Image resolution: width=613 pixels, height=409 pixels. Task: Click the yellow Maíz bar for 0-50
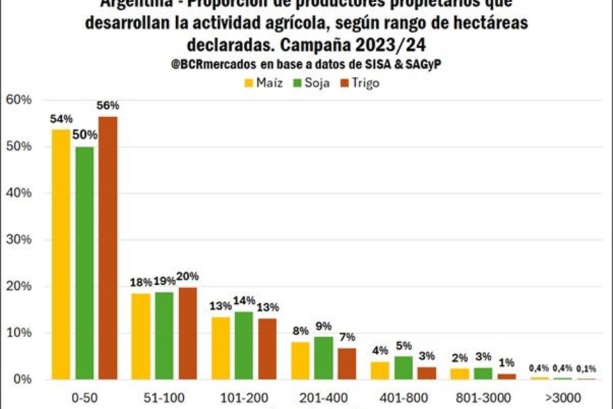[61, 254]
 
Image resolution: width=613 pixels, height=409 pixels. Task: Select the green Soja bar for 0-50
[85, 262]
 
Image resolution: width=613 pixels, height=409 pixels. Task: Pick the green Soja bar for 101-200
[244, 345]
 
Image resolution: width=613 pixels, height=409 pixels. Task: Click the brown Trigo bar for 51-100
[187, 333]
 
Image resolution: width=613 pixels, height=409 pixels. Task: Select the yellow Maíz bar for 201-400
[301, 360]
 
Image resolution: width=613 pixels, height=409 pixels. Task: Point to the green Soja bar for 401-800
[403, 367]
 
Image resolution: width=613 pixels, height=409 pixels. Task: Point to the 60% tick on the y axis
[18, 100]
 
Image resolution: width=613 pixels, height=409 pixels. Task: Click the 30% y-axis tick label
[18, 240]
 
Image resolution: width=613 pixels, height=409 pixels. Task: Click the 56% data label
[108, 105]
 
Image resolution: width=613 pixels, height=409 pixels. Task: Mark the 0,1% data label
[586, 367]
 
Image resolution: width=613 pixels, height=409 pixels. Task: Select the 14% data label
[244, 300]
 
